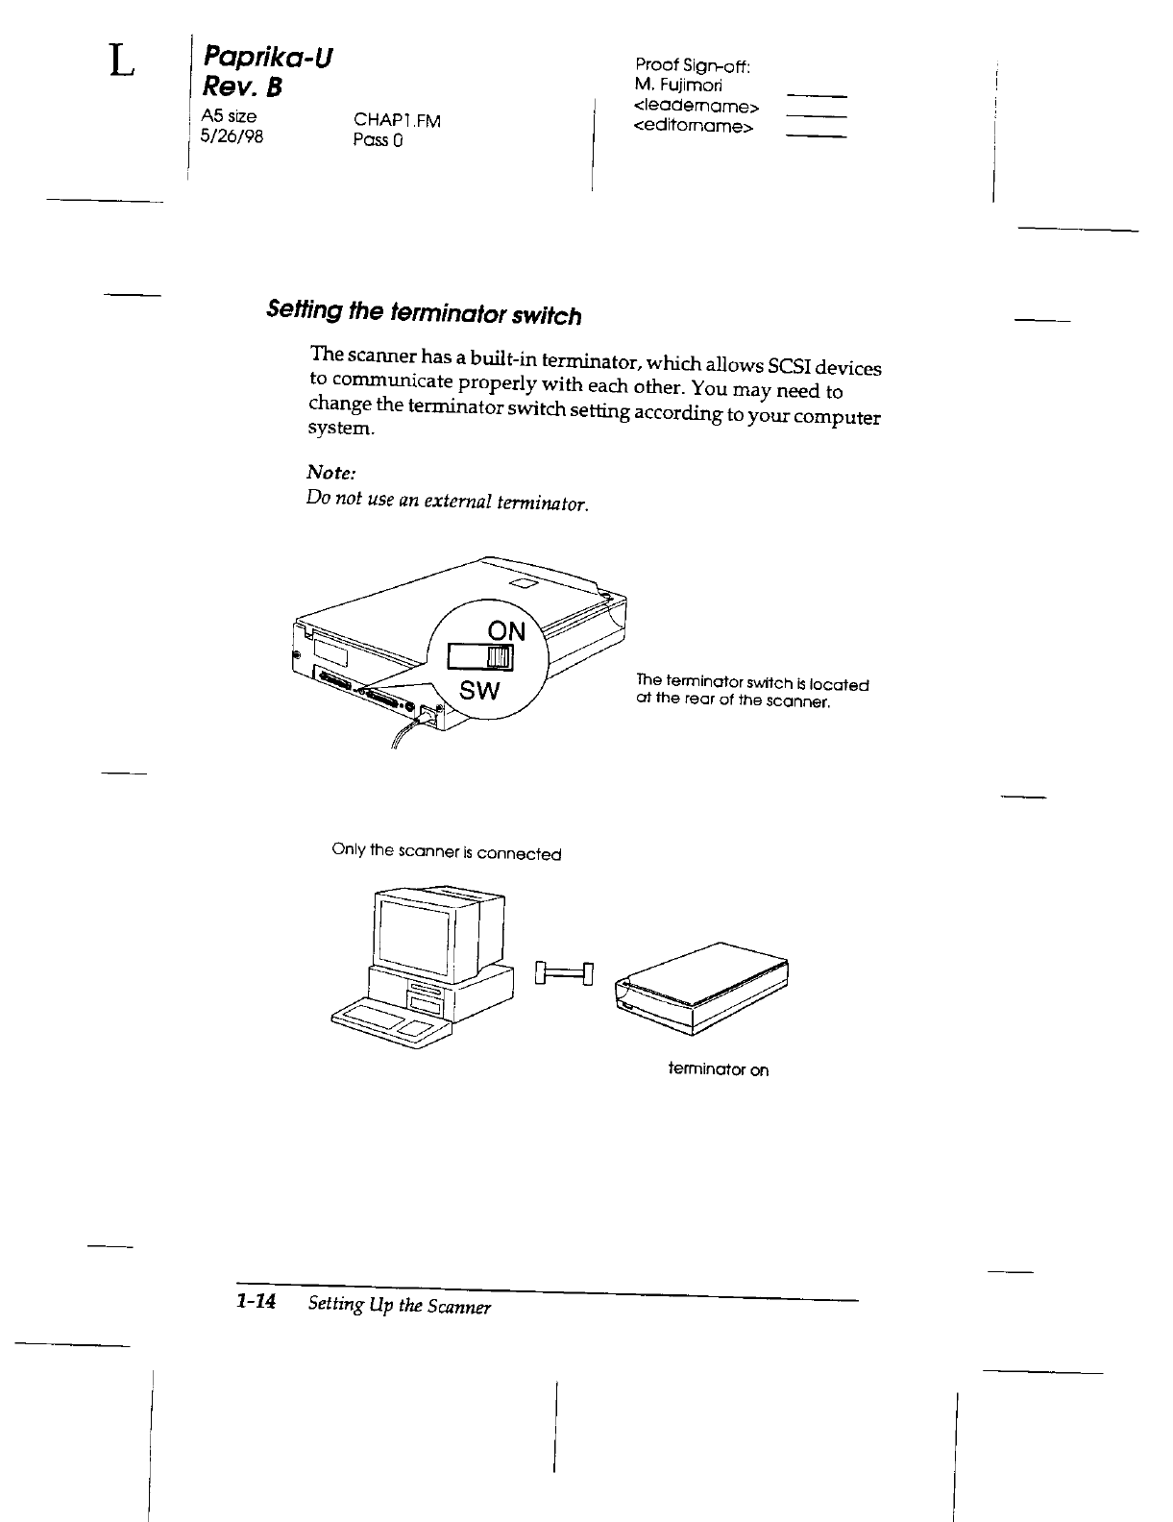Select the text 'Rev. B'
tap(240, 88)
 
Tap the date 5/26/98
tap(231, 136)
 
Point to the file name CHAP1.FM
tap(397, 120)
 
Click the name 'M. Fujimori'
tap(685, 86)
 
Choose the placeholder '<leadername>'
tap(697, 106)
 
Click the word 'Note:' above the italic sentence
tap(331, 473)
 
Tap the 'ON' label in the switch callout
tap(507, 630)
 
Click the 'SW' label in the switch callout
tap(478, 691)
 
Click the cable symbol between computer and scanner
tap(565, 974)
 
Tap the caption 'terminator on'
tap(719, 1069)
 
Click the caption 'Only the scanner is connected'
tap(446, 852)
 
